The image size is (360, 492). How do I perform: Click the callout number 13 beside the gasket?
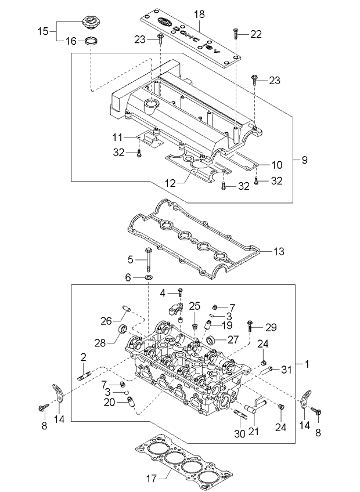(279, 251)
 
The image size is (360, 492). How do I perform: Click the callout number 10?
(276, 164)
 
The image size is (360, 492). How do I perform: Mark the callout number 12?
(170, 183)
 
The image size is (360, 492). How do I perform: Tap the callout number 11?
(117, 137)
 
